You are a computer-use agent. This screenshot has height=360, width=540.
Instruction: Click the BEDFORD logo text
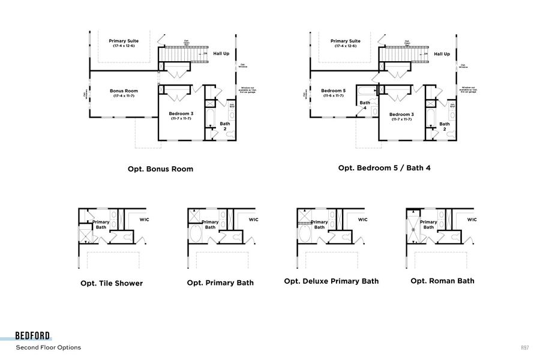[33, 336]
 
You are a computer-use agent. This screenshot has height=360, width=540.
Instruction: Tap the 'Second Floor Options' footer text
[48, 347]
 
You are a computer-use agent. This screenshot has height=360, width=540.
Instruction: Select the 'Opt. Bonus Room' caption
[160, 169]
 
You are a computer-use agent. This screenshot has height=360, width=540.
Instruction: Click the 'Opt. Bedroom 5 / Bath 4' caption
[384, 168]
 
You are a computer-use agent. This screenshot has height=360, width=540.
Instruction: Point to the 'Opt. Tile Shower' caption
[112, 283]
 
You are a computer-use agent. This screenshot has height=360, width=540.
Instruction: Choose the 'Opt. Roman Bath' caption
[442, 281]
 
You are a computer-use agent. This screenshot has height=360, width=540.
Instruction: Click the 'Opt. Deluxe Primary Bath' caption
[331, 281]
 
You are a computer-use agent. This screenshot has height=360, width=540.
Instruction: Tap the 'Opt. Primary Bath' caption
[220, 283]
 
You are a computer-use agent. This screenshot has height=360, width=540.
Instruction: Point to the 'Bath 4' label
[365, 105]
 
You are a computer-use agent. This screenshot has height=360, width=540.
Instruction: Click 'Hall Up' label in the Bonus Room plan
[221, 53]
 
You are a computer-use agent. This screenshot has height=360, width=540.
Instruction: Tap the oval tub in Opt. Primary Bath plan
[196, 233]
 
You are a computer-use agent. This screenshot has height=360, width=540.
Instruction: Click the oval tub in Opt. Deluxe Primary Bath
[305, 233]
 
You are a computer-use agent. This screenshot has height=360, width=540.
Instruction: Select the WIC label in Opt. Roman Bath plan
[472, 220]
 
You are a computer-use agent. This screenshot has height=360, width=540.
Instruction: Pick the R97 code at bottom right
[524, 347]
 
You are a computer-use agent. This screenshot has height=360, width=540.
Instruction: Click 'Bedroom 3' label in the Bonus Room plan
[180, 114]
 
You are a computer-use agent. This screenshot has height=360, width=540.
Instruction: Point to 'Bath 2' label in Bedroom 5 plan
[445, 126]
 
